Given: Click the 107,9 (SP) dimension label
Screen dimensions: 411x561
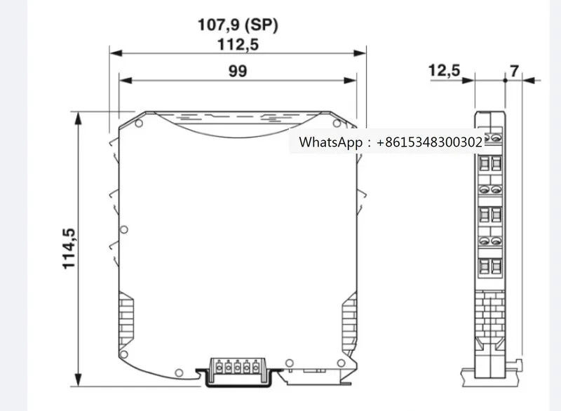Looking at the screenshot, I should point(237,27).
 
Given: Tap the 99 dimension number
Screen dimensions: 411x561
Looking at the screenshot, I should point(237,71).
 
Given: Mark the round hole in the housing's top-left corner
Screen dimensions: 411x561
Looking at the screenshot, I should point(139,124).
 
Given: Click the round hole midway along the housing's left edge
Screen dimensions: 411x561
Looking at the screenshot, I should point(124,229).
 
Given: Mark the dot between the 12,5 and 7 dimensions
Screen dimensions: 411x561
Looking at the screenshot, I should point(504,80).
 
